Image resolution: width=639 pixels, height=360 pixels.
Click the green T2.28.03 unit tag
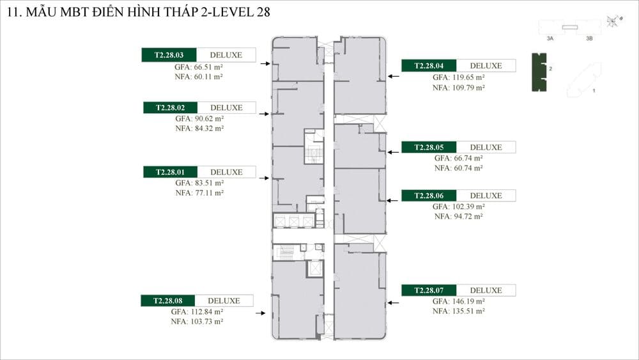click(x=169, y=55)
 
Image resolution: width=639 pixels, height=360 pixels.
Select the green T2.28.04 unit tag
click(x=429, y=66)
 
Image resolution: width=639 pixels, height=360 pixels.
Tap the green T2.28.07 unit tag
click(x=429, y=290)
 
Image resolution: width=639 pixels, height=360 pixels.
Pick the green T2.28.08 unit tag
click(x=167, y=301)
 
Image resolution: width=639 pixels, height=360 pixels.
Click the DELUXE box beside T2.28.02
click(x=227, y=107)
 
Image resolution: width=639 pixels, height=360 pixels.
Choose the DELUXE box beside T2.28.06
click(x=486, y=196)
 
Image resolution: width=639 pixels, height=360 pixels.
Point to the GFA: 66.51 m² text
click(x=199, y=67)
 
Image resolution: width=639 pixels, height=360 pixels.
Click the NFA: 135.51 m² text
click(x=458, y=311)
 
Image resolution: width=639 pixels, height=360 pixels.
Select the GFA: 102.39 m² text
click(x=458, y=207)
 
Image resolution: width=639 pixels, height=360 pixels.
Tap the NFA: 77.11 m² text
click(x=199, y=193)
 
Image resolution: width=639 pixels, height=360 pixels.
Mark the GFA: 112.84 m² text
click(x=197, y=312)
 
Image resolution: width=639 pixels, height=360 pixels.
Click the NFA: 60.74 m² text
click(x=458, y=168)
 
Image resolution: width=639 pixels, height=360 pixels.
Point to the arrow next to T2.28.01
click(x=264, y=178)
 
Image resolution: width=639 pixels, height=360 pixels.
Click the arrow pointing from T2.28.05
click(x=393, y=152)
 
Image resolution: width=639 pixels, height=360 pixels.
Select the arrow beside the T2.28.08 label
click(x=261, y=313)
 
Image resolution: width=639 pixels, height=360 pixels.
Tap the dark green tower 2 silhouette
click(x=539, y=72)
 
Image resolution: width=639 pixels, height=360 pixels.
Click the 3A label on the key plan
click(x=550, y=39)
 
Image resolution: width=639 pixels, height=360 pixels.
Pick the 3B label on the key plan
click(x=589, y=39)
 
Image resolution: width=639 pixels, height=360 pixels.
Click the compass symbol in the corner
click(x=613, y=21)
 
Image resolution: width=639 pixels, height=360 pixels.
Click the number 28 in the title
click(x=263, y=12)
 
